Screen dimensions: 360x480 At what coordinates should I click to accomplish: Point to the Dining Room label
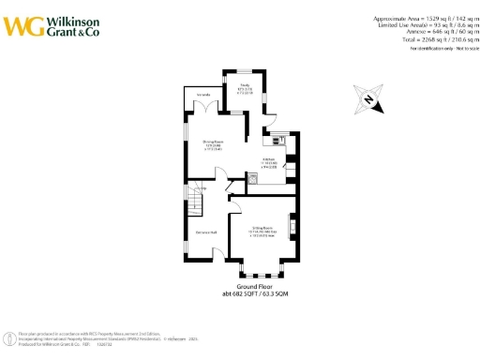(x=214, y=146)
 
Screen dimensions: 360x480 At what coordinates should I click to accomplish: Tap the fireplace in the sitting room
(x=294, y=228)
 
